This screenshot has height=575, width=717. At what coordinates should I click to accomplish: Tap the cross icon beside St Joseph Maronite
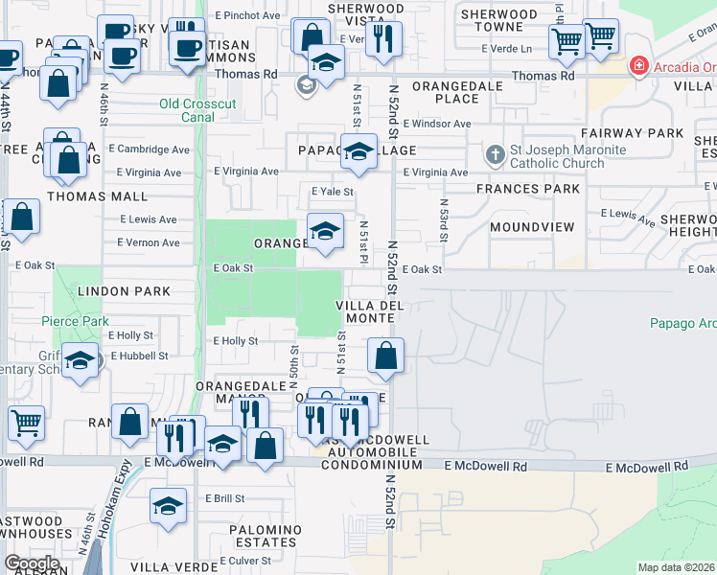tap(495, 153)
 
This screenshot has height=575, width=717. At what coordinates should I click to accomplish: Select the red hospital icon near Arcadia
tap(638, 66)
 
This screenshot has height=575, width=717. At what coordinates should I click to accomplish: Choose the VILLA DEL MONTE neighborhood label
tap(364, 311)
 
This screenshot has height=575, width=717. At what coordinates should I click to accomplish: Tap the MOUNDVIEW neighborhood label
tap(531, 227)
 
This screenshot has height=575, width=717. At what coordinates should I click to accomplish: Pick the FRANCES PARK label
tap(528, 189)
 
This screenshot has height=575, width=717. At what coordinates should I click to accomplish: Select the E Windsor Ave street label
tap(437, 125)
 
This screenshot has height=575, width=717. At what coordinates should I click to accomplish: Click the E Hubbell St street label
tap(139, 356)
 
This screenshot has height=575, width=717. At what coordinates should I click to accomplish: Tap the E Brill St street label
tap(225, 499)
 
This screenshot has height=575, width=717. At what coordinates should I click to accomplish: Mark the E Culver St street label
tap(246, 561)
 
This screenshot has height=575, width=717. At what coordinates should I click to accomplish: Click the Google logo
tap(32, 563)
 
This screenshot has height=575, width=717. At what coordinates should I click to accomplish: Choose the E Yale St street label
tap(332, 192)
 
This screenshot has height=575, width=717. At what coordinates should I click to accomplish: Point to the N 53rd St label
tap(444, 220)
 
